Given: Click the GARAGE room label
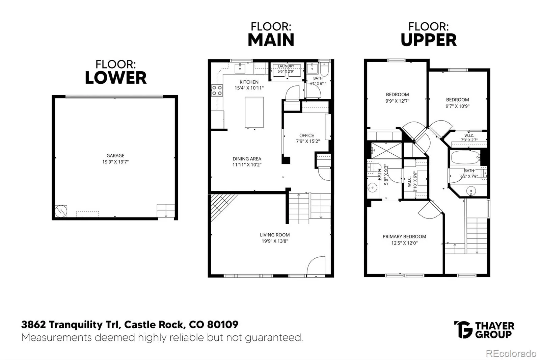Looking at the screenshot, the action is click(115, 156).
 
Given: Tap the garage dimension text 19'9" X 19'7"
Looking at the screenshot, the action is click(115, 162).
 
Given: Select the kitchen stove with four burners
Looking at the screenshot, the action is click(217, 91).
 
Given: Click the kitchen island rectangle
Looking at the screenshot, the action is click(254, 112).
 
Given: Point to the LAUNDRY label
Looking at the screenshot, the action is click(286, 66).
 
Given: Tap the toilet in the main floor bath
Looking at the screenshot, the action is click(324, 69).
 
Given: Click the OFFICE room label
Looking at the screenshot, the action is click(307, 136).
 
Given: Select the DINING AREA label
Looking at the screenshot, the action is click(247, 159).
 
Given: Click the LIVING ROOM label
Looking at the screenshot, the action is click(275, 235).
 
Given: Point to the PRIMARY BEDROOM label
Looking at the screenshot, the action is click(404, 236).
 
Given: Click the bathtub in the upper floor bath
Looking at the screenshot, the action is click(465, 158).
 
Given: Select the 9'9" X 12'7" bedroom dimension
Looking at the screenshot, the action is click(397, 101).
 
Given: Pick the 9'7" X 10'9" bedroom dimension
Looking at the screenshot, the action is click(457, 106).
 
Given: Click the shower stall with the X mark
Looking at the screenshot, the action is click(386, 151).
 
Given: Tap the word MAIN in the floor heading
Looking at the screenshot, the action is click(271, 40).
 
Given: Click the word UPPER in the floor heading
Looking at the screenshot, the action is click(429, 40).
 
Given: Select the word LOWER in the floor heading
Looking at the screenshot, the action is click(116, 78).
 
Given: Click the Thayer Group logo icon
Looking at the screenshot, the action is click(463, 330).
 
